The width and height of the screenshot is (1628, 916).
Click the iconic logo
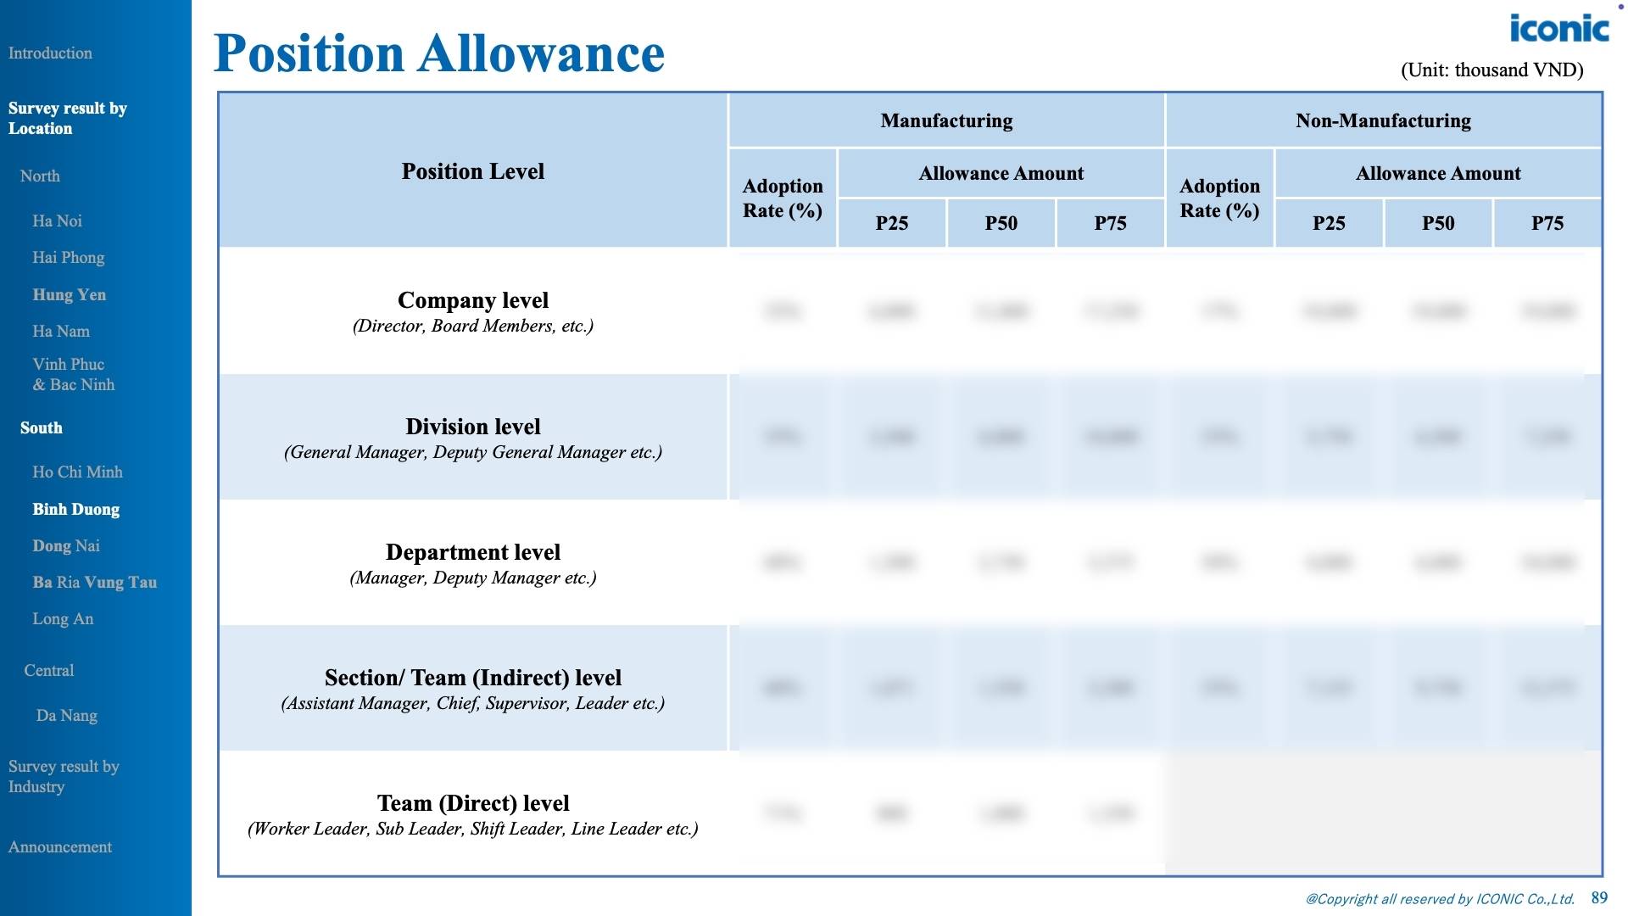point(1558,29)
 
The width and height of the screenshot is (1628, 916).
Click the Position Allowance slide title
point(438,53)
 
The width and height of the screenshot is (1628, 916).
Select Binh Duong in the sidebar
point(75,509)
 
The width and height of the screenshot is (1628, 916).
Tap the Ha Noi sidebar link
point(57,221)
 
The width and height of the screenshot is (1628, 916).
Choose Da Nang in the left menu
point(66,715)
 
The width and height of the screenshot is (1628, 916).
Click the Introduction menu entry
point(50,53)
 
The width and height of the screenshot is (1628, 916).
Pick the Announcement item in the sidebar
point(59,846)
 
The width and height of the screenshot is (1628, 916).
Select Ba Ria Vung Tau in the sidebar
point(94,582)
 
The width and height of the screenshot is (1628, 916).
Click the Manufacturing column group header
point(946,120)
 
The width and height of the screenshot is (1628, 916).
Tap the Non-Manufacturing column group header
point(1383,120)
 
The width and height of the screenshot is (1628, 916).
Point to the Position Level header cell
point(472,171)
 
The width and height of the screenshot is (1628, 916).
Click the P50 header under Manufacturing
point(1001,223)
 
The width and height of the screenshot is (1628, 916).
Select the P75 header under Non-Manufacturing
point(1547,223)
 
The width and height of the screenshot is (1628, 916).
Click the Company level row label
point(472,300)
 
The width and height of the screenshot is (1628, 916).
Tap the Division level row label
point(472,427)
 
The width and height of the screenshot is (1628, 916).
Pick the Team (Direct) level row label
point(472,803)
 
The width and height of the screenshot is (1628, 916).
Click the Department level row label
point(472,552)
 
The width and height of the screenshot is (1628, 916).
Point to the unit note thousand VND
point(1491,70)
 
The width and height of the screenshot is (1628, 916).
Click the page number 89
point(1599,897)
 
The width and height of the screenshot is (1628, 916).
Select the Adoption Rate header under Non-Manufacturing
point(1219,198)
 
